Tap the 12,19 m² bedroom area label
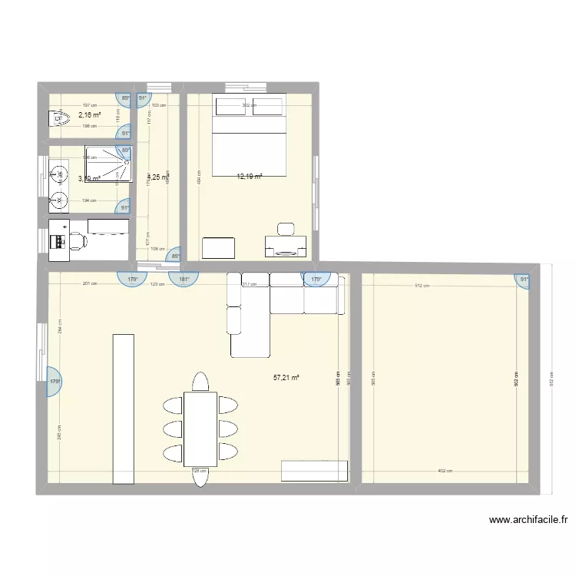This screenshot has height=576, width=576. [250, 177]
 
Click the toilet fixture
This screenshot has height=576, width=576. [58, 118]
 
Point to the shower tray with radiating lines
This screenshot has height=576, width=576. [108, 165]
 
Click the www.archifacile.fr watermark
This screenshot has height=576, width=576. [528, 520]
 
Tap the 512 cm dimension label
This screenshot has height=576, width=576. [422, 286]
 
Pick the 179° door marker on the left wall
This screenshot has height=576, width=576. [55, 382]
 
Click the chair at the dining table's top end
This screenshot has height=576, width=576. [200, 382]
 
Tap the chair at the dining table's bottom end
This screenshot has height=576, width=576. [200, 477]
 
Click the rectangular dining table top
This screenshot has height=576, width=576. [200, 429]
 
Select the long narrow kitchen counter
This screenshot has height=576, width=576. [124, 409]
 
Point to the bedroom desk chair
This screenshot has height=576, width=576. [286, 229]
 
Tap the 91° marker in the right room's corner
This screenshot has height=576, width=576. [525, 280]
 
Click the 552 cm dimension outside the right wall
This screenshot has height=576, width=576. [551, 379]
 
